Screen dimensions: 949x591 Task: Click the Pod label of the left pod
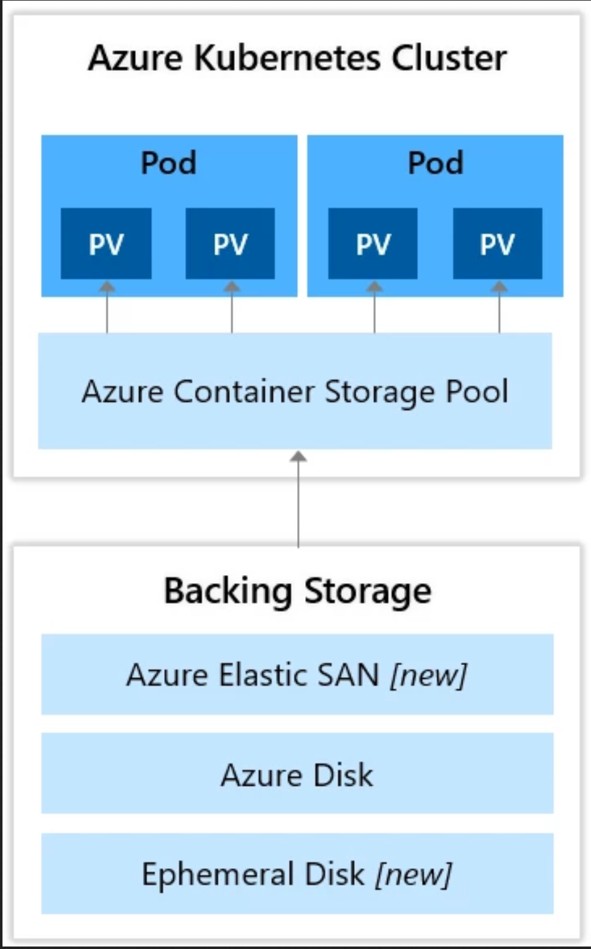click(168, 163)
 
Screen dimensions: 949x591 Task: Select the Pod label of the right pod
click(435, 163)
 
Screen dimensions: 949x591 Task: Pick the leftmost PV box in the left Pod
click(106, 243)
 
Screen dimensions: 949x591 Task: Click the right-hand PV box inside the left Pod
click(231, 243)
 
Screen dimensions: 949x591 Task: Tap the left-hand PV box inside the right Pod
click(373, 243)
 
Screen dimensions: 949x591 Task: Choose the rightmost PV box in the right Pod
click(498, 243)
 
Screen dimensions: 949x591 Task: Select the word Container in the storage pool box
click(244, 392)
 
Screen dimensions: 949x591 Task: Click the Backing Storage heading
click(297, 591)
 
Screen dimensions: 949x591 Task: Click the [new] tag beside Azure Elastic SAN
click(428, 675)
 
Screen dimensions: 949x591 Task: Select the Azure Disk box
click(297, 774)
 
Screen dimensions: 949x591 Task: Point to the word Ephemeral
click(218, 874)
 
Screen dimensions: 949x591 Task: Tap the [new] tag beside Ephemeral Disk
click(413, 874)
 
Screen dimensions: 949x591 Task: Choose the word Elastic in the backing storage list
click(263, 674)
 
